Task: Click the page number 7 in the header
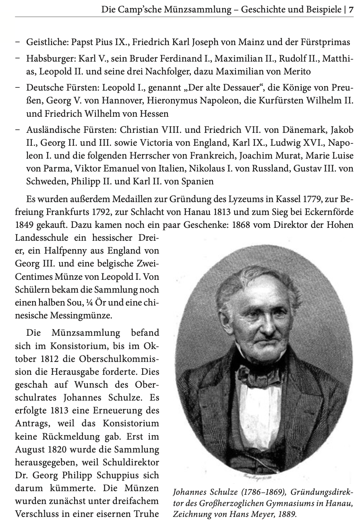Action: pos(351,8)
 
